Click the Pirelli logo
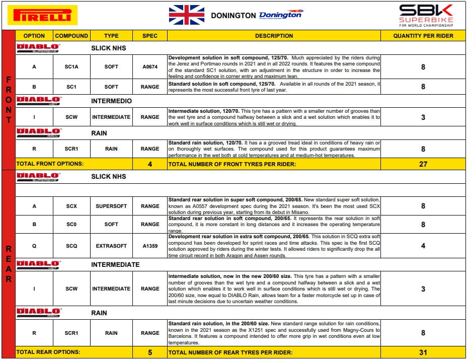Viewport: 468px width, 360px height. [42, 15]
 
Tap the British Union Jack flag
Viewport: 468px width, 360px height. [186, 15]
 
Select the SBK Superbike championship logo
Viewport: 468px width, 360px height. [426, 16]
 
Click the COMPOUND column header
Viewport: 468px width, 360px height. [71, 36]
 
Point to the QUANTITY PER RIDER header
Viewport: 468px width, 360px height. [423, 36]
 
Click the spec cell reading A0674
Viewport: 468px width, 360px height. [150, 66]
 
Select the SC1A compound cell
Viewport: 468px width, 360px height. [71, 66]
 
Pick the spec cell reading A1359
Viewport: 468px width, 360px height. [150, 246]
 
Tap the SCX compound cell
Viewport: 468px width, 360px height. [71, 206]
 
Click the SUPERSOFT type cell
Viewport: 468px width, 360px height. [111, 206]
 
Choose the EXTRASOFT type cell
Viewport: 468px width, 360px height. [111, 246]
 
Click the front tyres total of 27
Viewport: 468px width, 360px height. [423, 164]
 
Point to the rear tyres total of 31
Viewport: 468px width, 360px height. [423, 352]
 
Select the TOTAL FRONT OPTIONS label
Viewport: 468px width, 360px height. [50, 164]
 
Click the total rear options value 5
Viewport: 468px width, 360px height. [150, 352]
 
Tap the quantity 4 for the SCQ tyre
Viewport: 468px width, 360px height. [423, 246]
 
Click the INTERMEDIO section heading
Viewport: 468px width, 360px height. [111, 101]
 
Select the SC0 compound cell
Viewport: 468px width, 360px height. [71, 225]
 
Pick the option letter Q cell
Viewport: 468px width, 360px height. [34, 246]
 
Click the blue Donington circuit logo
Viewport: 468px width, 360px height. [280, 15]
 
